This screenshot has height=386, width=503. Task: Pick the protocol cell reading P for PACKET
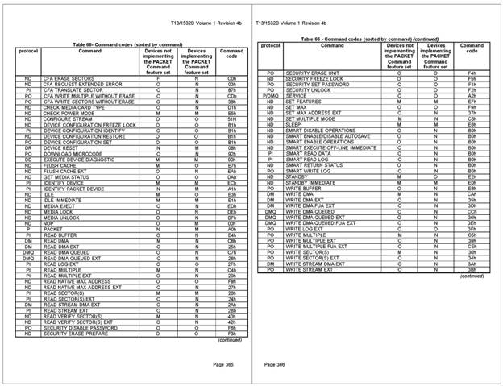pos(27,228)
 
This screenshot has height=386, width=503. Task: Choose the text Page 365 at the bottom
pos(223,364)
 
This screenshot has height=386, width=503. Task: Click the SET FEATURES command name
pos(303,101)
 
